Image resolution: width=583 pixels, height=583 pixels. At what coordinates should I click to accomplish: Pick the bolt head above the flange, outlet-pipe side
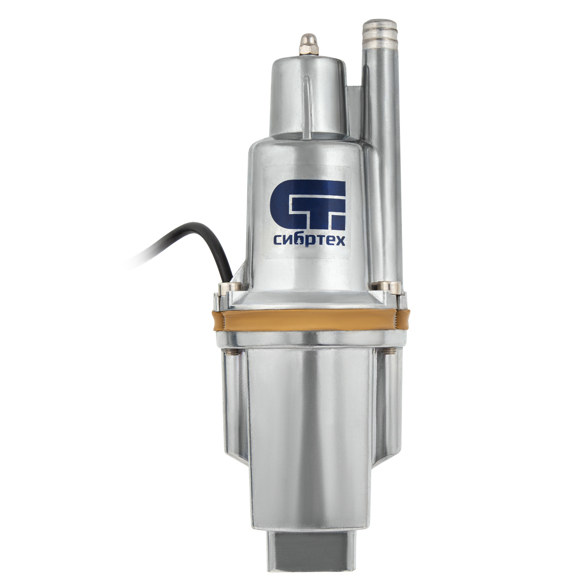tap(383, 287)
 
